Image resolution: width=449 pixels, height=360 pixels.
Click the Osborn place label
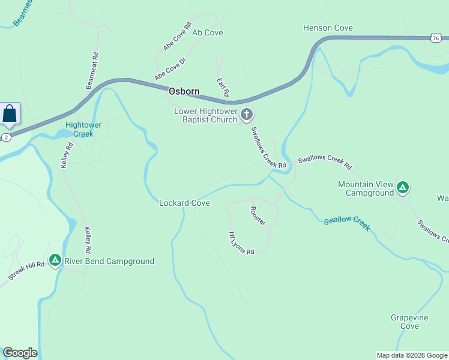pyautogui.click(x=184, y=92)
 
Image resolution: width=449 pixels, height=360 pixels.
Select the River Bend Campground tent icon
pyautogui.click(x=55, y=260)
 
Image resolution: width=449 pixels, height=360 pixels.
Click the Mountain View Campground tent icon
pyautogui.click(x=403, y=188)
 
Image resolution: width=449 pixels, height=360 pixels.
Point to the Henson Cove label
pyautogui.click(x=328, y=28)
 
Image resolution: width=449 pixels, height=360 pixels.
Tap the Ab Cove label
pyautogui.click(x=207, y=33)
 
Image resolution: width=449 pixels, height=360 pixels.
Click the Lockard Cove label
pyautogui.click(x=184, y=203)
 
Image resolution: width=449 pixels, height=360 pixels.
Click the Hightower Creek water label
pyautogui.click(x=79, y=129)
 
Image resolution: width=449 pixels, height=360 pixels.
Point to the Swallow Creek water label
pyautogui.click(x=347, y=223)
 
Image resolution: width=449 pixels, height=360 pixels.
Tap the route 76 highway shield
pyautogui.click(x=435, y=38)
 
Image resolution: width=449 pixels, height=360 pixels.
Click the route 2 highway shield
pyautogui.click(x=5, y=137)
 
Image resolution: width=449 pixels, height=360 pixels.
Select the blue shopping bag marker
pyautogui.click(x=10, y=113)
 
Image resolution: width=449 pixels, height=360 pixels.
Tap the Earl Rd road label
pyautogui.click(x=222, y=87)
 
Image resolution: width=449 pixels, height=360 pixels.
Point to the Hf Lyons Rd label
pyautogui.click(x=241, y=243)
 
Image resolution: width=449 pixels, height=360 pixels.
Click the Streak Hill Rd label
pyautogui.click(x=27, y=271)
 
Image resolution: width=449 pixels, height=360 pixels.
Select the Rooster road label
pyautogui.click(x=258, y=216)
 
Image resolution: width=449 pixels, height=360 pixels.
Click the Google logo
pyautogui.click(x=20, y=353)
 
